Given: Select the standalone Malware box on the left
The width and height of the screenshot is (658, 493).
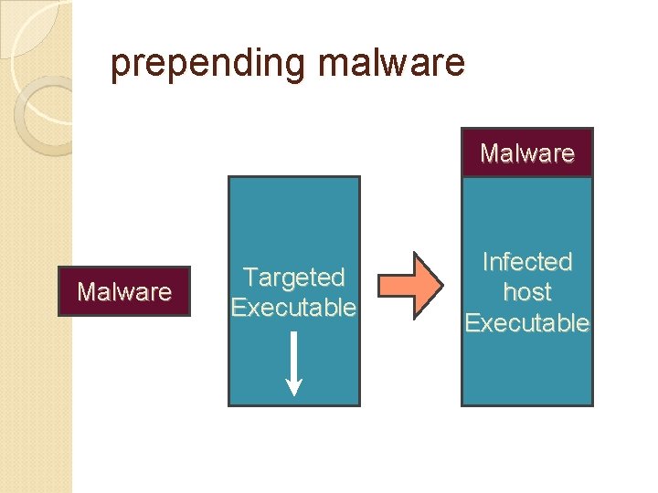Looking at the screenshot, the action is [x=123, y=291].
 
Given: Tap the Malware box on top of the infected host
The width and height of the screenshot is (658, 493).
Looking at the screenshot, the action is [x=527, y=152].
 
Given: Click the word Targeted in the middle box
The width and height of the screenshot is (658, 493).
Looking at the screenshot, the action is [x=293, y=277].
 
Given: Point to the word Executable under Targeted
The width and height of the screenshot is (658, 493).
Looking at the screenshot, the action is [x=293, y=308].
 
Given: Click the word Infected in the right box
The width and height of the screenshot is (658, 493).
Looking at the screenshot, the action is [x=527, y=262].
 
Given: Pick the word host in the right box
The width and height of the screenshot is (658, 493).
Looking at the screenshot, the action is [x=527, y=292].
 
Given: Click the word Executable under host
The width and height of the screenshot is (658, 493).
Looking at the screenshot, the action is [x=527, y=323].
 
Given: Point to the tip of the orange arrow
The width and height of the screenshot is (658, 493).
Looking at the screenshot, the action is [x=442, y=285].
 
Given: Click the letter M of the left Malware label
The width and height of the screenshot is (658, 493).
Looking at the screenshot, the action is [x=86, y=292].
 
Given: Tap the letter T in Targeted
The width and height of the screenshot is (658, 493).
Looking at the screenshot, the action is [x=249, y=277].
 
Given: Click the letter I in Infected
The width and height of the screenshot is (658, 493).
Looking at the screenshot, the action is [x=485, y=262].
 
